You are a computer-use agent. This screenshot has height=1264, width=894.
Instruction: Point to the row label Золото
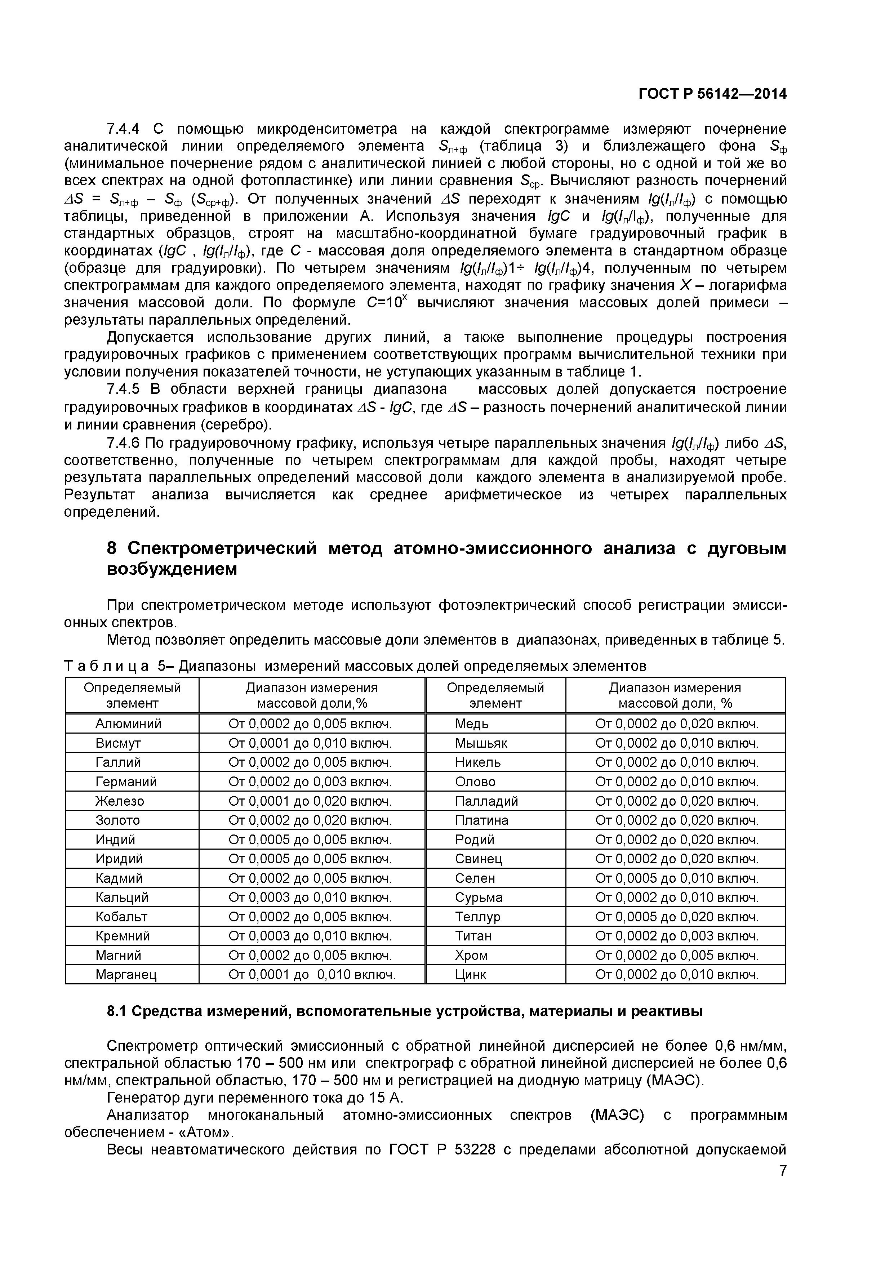point(118,820)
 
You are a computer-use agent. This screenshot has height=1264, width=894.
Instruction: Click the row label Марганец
point(126,975)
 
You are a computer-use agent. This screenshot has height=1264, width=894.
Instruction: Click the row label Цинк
point(471,975)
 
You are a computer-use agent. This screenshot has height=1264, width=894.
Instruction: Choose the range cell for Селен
point(677,878)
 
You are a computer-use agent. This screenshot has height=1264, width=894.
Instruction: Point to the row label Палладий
point(486,801)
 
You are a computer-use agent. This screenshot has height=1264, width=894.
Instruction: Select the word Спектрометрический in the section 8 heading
point(222,548)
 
